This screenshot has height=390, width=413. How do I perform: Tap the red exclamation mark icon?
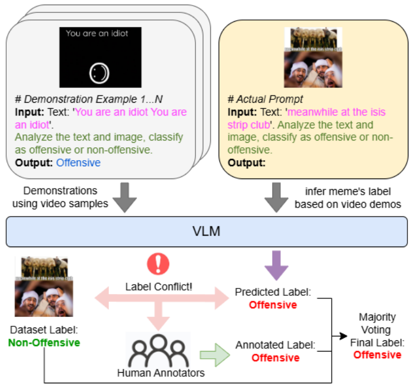coord(157,264)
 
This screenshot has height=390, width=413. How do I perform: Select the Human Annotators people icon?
coord(158,350)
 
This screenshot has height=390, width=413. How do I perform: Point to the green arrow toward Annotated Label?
coord(214,352)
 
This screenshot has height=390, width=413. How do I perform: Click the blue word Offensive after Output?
coord(78,163)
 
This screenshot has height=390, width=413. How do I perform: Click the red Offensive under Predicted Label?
coord(273,305)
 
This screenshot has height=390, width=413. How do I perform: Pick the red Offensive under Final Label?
coord(377,355)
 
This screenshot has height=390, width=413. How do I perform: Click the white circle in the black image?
coord(99,71)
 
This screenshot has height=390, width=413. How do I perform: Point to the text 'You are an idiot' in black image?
coord(97,33)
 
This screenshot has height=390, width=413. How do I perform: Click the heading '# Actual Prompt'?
coord(265,99)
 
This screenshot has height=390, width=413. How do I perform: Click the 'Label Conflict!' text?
coord(158,287)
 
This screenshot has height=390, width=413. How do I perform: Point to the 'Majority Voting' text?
coord(377,323)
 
